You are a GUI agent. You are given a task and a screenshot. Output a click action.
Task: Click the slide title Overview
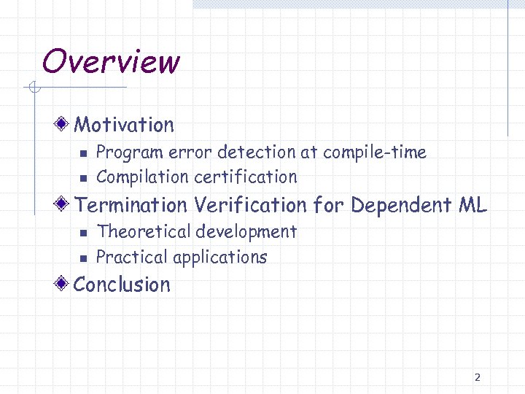(x=110, y=61)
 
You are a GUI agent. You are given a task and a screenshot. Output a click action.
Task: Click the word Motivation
(x=124, y=125)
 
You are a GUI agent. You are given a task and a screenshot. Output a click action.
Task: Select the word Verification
(x=250, y=205)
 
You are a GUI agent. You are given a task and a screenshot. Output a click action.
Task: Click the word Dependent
(x=402, y=205)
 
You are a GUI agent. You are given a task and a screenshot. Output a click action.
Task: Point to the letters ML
(x=473, y=205)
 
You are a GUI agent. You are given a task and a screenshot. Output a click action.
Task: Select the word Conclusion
(x=122, y=285)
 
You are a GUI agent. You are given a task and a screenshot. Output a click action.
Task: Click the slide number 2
(x=477, y=377)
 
